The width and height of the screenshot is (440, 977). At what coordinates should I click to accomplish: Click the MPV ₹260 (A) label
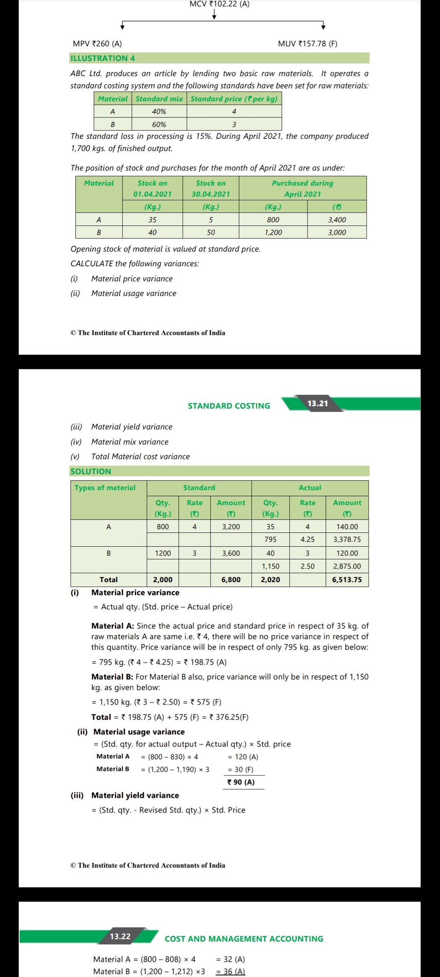97,44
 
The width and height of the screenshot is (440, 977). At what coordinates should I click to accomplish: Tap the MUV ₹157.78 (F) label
308,44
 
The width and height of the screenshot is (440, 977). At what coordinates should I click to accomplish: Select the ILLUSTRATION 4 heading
103,58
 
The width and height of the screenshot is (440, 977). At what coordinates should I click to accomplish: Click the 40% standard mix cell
159,112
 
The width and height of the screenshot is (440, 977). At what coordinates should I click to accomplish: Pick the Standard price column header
234,99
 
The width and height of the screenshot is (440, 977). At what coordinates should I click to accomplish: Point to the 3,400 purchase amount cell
337,220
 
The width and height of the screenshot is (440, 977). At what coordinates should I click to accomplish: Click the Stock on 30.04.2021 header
211,188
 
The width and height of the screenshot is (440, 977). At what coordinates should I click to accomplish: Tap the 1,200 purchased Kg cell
273,232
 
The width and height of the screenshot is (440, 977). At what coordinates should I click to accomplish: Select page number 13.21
317,403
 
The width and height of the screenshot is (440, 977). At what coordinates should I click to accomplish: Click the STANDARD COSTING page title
229,406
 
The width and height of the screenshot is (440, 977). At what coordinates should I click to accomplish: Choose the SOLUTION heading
91,471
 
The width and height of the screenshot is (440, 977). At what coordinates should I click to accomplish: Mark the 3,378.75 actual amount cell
347,539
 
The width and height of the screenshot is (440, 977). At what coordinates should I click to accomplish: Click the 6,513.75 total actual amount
347,580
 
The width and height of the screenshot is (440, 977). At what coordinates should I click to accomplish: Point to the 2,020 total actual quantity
271,580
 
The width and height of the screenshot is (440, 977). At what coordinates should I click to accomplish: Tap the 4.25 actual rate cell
308,539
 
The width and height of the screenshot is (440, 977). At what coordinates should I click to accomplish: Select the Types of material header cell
105,488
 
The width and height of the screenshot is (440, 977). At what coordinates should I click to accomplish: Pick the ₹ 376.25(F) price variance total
229,717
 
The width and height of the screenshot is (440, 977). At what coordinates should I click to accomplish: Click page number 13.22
120,936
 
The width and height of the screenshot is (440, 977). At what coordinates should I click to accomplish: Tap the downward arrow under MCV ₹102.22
214,15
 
